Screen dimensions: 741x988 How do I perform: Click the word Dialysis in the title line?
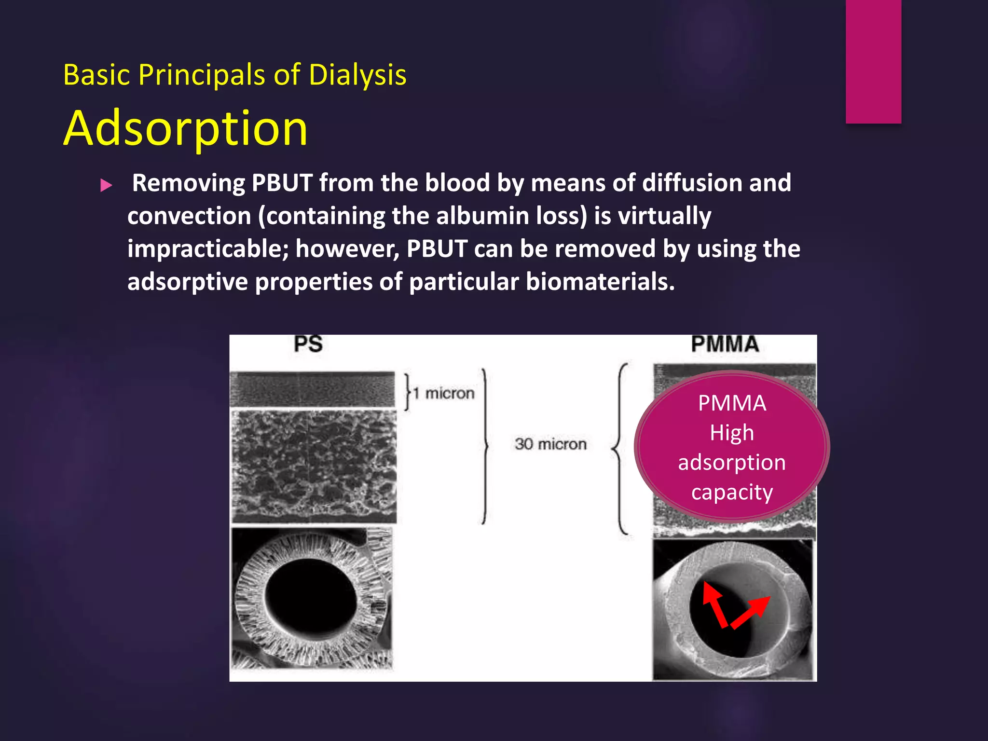coord(357,75)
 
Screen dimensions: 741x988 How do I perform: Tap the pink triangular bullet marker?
coord(106,185)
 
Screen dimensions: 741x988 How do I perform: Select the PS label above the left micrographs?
coord(308,344)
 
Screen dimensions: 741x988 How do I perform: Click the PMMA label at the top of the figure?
coord(725,344)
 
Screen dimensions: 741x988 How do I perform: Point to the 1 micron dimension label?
coord(444,394)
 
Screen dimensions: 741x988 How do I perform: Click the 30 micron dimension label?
coord(550,444)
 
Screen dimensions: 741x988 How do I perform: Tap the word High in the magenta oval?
coord(732,433)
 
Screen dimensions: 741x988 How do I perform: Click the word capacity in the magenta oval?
coord(732,492)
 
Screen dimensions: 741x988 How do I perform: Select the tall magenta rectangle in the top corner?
coord(873,61)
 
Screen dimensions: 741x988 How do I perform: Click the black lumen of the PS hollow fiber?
coord(311,598)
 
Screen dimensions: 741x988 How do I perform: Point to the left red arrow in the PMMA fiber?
coord(714,603)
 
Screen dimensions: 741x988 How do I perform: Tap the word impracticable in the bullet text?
coord(207,249)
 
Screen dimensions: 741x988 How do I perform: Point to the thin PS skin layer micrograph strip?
coord(313,389)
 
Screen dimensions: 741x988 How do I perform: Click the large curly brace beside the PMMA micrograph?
coord(620,449)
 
